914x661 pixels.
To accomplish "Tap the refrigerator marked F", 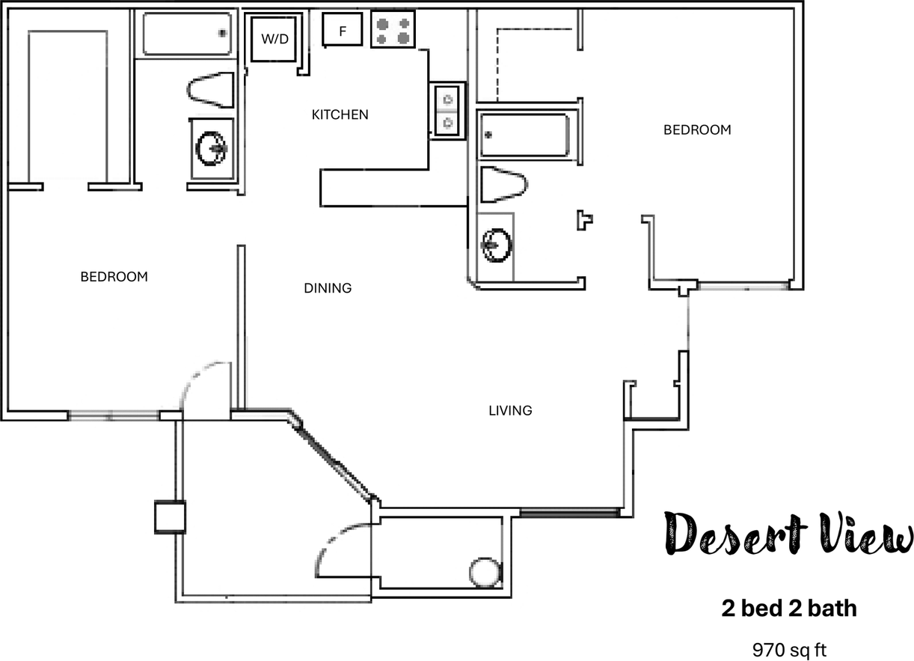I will tap(343, 31).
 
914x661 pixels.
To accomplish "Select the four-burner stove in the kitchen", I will tap(393, 31).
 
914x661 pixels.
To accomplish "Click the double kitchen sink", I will tap(448, 110).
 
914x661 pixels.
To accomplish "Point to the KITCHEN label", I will tap(340, 115).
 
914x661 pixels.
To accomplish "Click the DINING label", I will tap(328, 288).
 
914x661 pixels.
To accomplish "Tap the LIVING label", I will tap(510, 410).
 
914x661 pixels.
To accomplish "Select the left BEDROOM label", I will tap(114, 277).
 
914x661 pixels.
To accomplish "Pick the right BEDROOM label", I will tap(697, 130).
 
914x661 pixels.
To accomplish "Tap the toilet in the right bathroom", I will tap(503, 185).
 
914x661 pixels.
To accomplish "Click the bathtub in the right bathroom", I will tap(525, 135).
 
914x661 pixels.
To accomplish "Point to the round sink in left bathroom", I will tap(212, 148).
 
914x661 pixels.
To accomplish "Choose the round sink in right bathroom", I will tap(496, 245).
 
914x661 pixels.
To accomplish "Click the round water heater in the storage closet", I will tap(484, 573).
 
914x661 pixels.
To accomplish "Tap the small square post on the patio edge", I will tap(170, 517).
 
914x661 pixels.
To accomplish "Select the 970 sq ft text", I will tap(788, 648).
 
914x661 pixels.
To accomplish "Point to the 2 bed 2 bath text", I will tap(788, 609).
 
